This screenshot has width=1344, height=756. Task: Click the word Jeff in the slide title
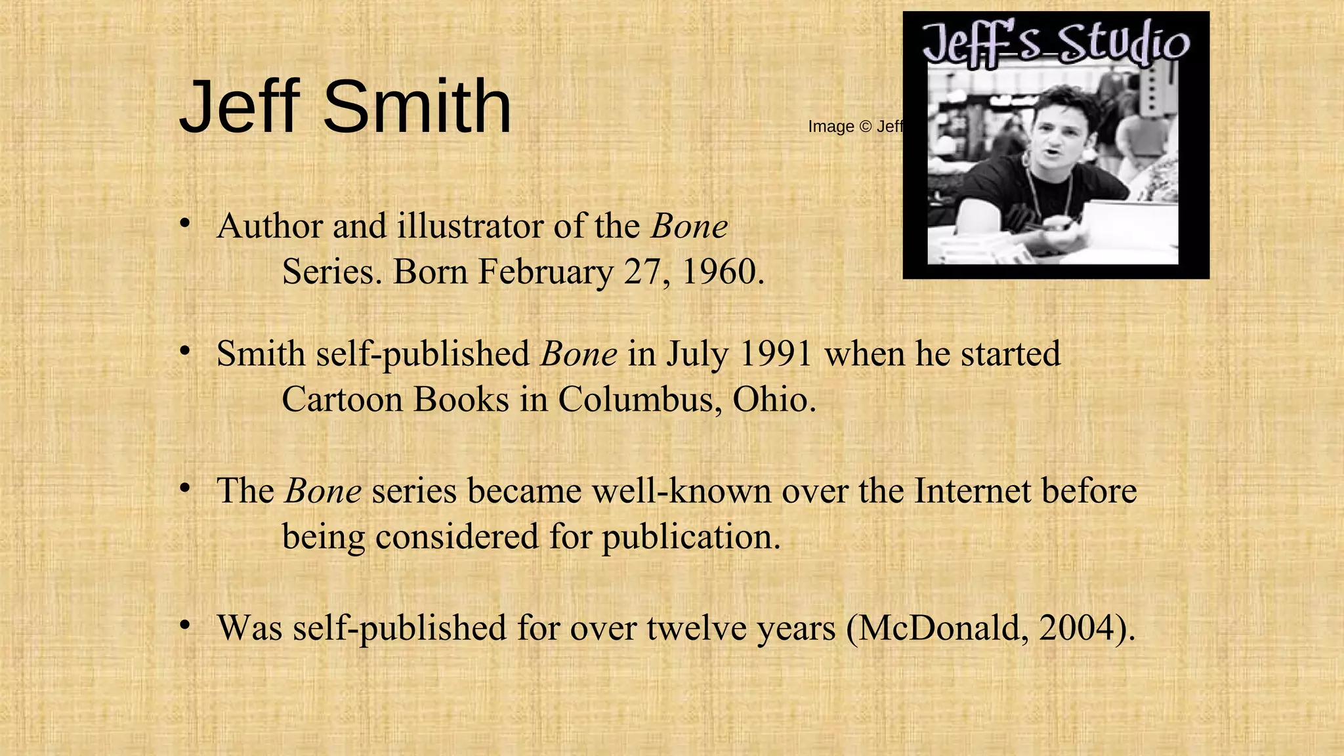[240, 106]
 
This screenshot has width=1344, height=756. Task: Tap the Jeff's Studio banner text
[1055, 43]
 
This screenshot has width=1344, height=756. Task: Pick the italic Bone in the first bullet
[689, 226]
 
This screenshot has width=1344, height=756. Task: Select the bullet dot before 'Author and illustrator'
[186, 224]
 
